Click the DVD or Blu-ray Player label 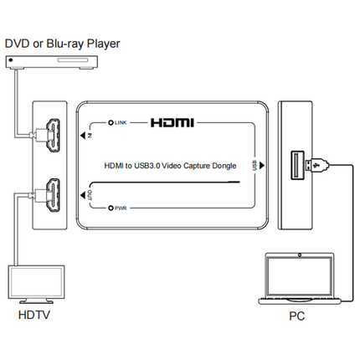[x=62, y=44]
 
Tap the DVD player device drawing [x=52, y=62]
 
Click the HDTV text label [x=34, y=315]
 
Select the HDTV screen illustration [x=36, y=282]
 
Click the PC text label [x=296, y=316]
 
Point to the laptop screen [x=300, y=276]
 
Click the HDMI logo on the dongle [x=172, y=123]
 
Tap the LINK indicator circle [x=111, y=122]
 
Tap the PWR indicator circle [x=111, y=208]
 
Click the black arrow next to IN [x=83, y=136]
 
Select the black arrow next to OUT [x=83, y=195]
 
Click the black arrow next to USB [x=261, y=165]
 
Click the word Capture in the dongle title [x=197, y=166]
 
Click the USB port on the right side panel [x=297, y=165]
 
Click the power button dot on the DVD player [x=11, y=59]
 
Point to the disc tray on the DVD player [x=73, y=60]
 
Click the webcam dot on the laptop [x=300, y=255]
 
